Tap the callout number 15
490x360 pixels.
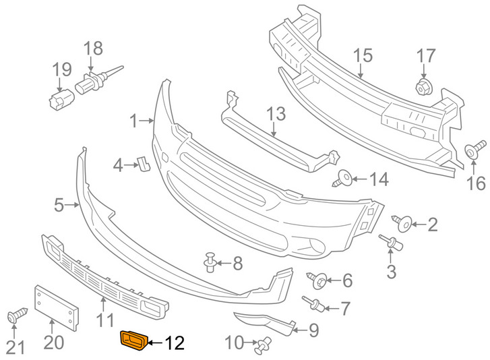pos(363,56)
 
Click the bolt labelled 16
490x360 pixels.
pos(475,150)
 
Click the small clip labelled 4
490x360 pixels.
pos(144,164)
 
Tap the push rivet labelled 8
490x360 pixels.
pos(210,262)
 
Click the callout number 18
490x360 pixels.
pos(93,49)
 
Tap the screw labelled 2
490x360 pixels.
pos(403,223)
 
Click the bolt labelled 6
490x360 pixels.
pos(317,280)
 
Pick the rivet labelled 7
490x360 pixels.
pos(313,304)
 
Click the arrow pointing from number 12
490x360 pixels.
pos(155,343)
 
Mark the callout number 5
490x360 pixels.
pos(59,205)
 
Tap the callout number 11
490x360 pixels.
pos(105,320)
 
